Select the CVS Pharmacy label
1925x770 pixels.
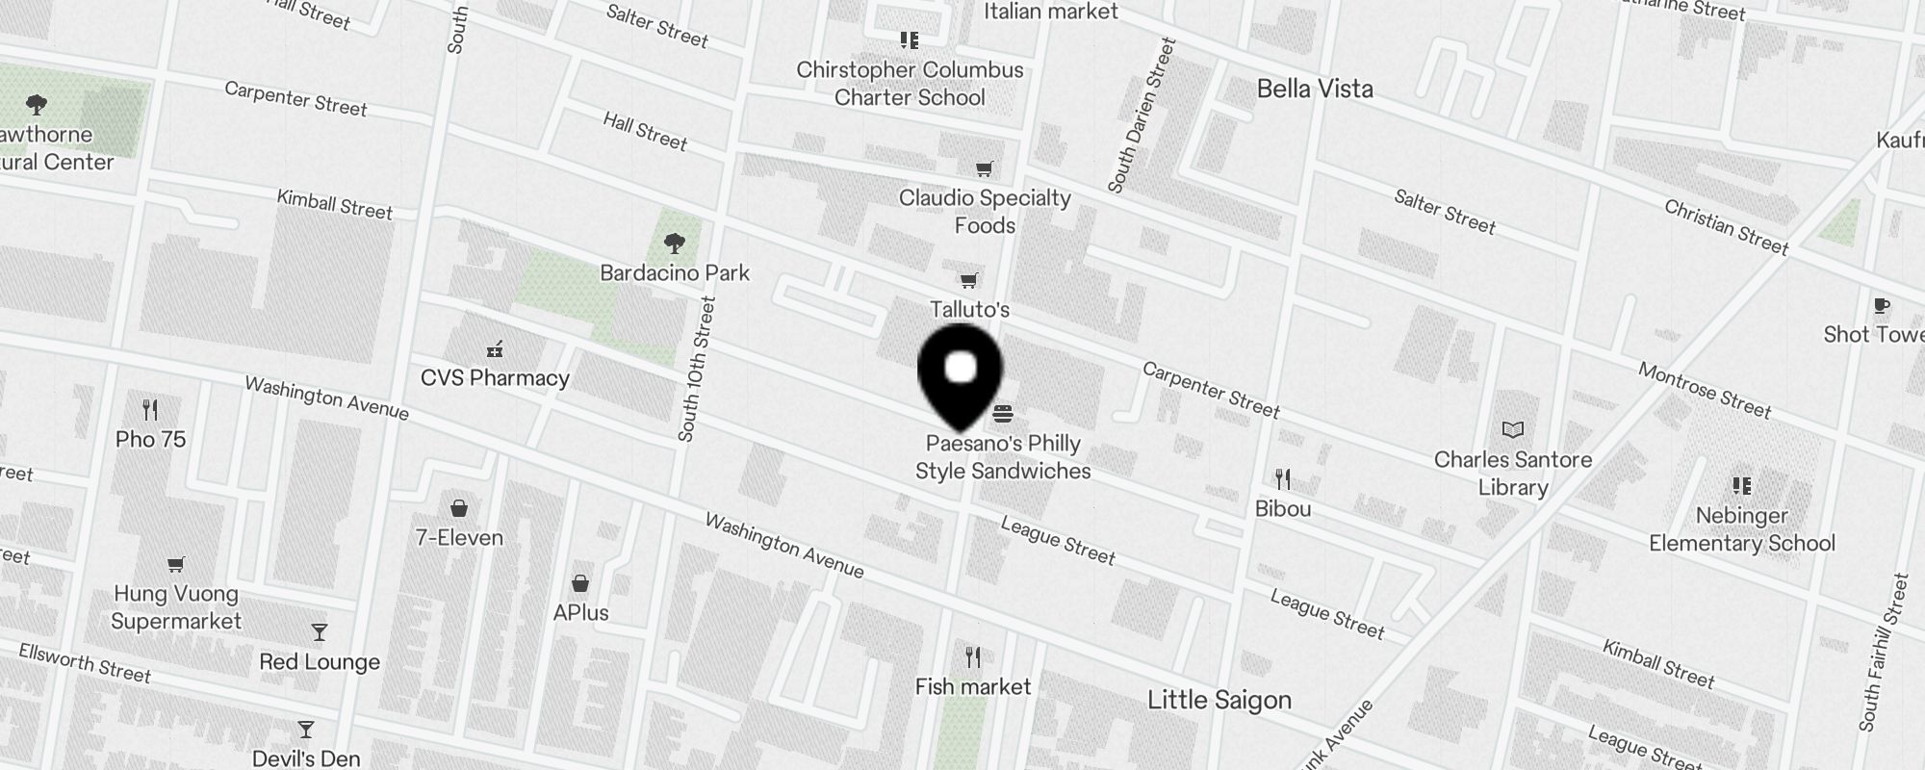click(x=495, y=377)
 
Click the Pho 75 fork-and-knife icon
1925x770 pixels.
click(x=150, y=410)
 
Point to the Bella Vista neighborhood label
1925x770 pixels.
click(x=1315, y=90)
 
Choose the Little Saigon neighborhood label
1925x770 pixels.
click(x=1219, y=700)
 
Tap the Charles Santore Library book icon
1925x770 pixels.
click(x=1513, y=429)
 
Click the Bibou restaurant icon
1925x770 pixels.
click(x=1283, y=478)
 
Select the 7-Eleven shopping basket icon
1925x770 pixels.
click(x=459, y=507)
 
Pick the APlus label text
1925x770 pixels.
click(x=580, y=612)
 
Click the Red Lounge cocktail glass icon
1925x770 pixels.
click(x=320, y=632)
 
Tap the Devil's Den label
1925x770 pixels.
click(x=306, y=758)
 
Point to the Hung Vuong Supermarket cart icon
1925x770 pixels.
click(x=175, y=564)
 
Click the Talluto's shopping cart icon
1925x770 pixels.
click(x=969, y=280)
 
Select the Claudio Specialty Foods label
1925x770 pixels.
click(x=985, y=211)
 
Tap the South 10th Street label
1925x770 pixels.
click(x=697, y=370)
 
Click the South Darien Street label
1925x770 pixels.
click(x=1142, y=115)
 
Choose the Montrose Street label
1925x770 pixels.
click(x=1705, y=391)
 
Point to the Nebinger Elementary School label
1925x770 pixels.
click(x=1742, y=529)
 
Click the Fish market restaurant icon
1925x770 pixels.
click(x=973, y=657)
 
